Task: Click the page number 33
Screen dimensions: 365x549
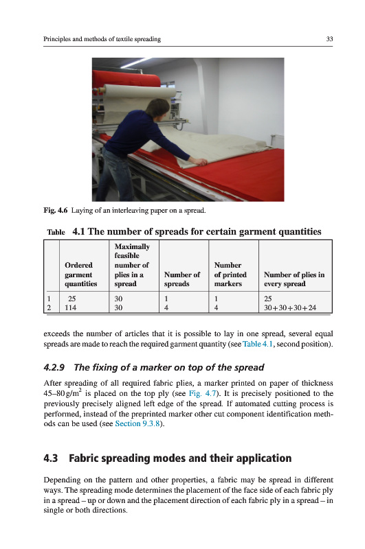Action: pyautogui.click(x=329, y=39)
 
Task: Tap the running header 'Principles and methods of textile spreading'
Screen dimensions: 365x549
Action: pyautogui.click(x=102, y=39)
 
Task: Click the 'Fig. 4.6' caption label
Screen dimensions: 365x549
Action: pyautogui.click(x=56, y=211)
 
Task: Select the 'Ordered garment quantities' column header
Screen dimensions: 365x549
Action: pyautogui.click(x=80, y=274)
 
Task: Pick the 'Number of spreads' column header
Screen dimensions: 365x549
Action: pyautogui.click(x=182, y=279)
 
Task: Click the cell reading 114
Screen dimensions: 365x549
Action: pyautogui.click(x=71, y=307)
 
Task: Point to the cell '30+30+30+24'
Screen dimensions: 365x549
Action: pyautogui.click(x=290, y=307)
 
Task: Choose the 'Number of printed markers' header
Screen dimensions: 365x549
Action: pyautogui.click(x=230, y=274)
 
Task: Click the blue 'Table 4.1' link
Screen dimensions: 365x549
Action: pyautogui.click(x=257, y=344)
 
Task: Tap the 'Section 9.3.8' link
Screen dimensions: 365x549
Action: pyautogui.click(x=137, y=423)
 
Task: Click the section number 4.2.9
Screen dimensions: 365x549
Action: pyautogui.click(x=54, y=367)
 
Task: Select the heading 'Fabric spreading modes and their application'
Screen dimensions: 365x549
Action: pyautogui.click(x=180, y=458)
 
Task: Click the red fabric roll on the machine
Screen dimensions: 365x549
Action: pyautogui.click(x=126, y=79)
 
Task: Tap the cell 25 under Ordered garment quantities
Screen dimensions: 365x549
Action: pyautogui.click(x=72, y=299)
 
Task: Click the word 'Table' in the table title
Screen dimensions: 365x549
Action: pyautogui.click(x=56, y=232)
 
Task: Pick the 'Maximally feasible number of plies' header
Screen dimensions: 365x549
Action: pyautogui.click(x=132, y=265)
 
